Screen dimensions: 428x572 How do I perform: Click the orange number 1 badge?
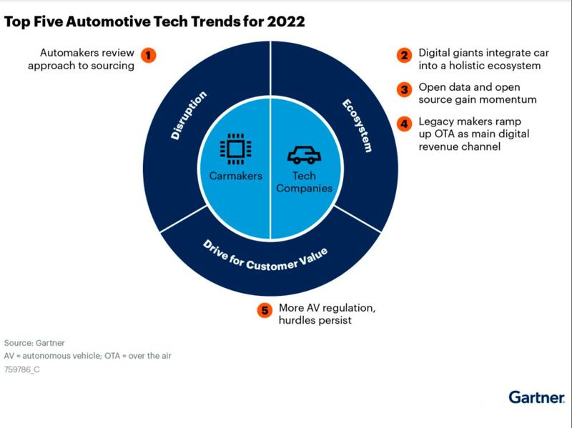148,55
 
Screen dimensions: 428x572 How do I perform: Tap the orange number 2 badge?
404,55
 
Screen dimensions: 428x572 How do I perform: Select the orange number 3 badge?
404,89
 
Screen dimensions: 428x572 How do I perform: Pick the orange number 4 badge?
404,124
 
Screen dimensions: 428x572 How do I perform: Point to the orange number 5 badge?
265,311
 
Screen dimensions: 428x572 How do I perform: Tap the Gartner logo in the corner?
536,397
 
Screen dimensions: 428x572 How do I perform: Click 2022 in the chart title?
285,21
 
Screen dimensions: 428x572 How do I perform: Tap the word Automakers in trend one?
67,53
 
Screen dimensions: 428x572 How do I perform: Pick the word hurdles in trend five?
299,321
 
